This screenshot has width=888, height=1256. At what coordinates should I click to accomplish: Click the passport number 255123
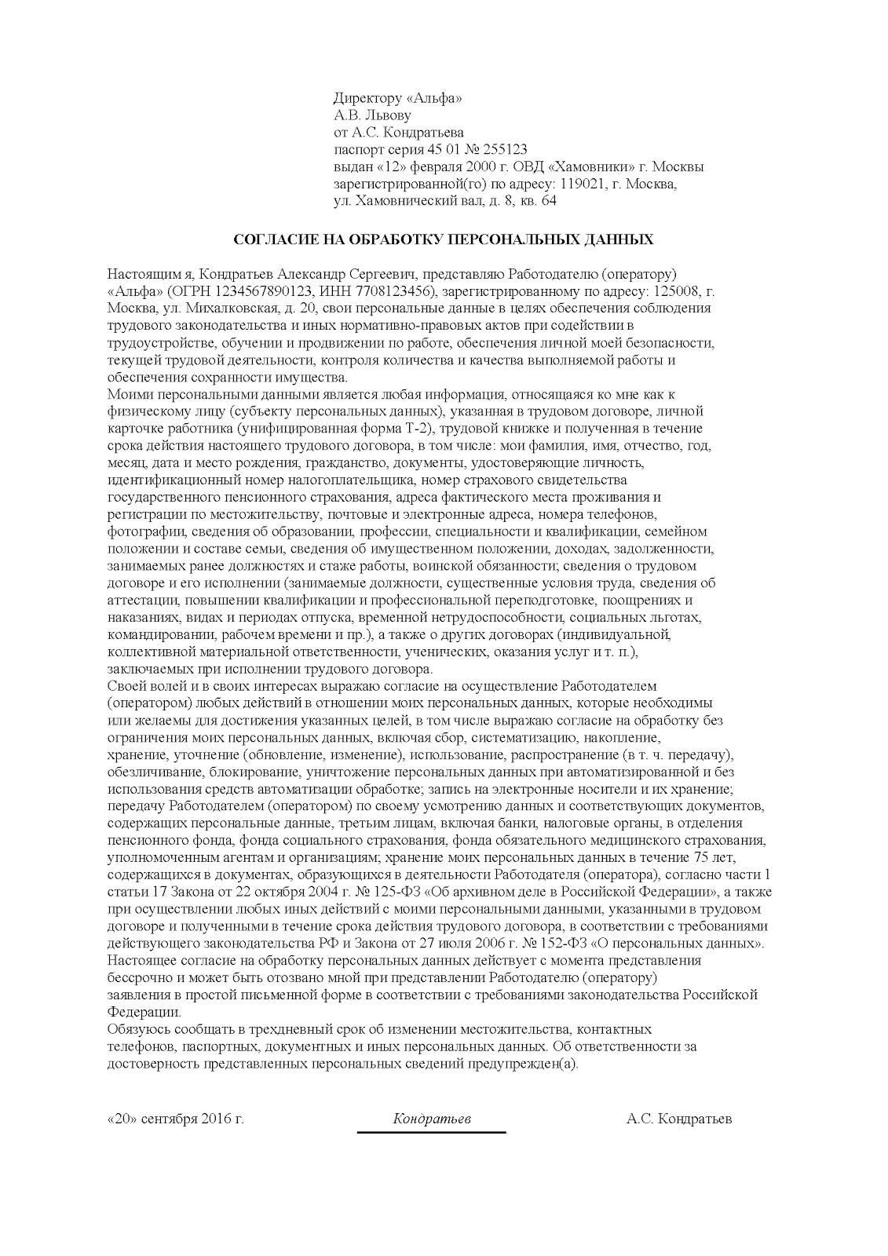click(x=506, y=150)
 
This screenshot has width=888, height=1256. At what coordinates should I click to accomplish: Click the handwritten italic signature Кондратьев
click(x=431, y=1119)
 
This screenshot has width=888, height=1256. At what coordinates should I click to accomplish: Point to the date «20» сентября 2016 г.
click(x=175, y=1119)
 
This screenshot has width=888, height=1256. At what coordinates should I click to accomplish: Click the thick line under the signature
click(x=431, y=1132)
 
